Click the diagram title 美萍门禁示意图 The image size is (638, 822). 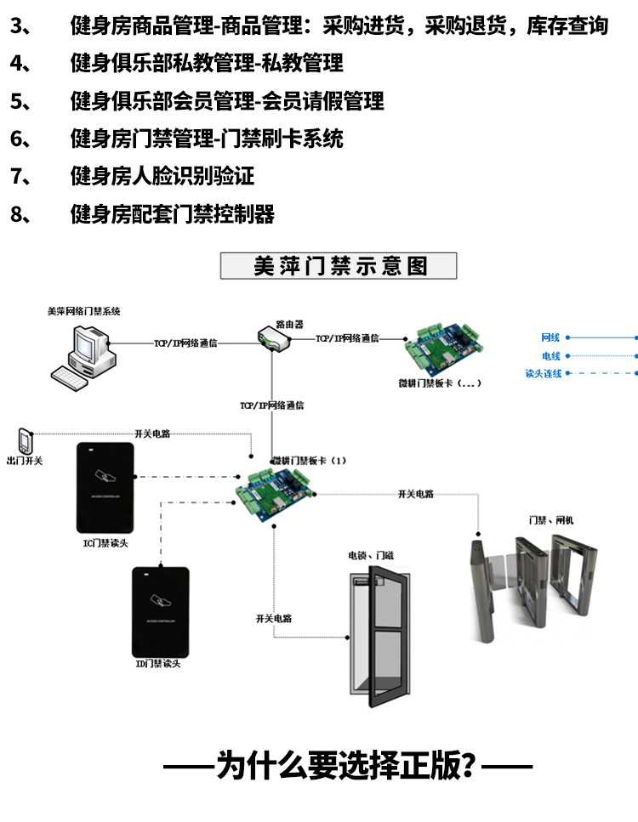pyautogui.click(x=339, y=266)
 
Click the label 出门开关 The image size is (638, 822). pyautogui.click(x=25, y=461)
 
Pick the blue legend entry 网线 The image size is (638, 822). pyautogui.click(x=551, y=337)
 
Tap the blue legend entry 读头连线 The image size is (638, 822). pyautogui.click(x=544, y=373)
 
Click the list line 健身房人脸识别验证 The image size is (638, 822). pyautogui.click(x=162, y=177)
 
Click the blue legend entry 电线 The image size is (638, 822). pyautogui.click(x=551, y=356)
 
